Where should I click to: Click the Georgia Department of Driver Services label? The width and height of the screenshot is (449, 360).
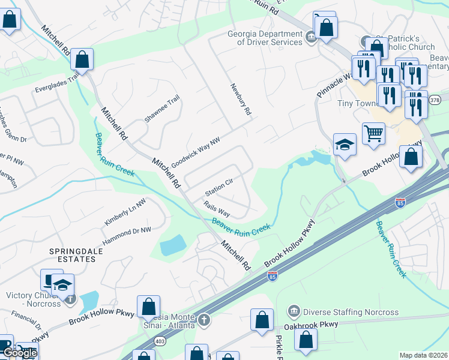click(x=265, y=38)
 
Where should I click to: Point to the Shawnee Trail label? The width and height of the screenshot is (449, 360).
click(x=161, y=109)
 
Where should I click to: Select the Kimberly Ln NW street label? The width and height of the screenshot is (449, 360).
click(x=125, y=213)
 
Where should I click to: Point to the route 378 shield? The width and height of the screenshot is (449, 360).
click(x=435, y=100)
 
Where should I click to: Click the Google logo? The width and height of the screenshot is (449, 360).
click(x=20, y=353)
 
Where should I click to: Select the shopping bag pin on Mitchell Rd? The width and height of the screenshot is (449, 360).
click(x=82, y=59)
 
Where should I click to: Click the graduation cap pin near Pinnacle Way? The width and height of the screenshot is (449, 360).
click(x=345, y=145)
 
